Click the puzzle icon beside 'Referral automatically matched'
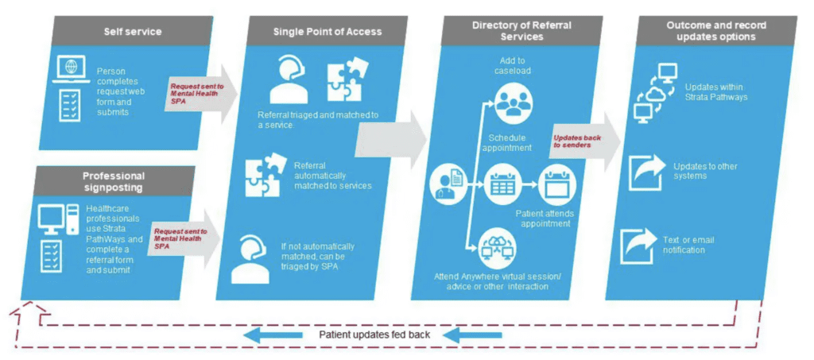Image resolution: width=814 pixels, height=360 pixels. point(263,174)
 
